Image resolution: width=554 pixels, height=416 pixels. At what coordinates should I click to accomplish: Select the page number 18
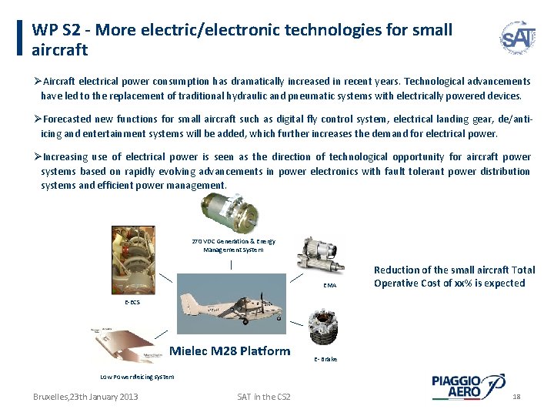tap(516, 396)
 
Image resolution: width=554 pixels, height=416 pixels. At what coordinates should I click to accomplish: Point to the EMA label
tap(329, 285)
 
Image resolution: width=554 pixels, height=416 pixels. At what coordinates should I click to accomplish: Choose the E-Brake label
tap(326, 359)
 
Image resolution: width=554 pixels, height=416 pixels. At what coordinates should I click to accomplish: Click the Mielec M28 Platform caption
tap(229, 351)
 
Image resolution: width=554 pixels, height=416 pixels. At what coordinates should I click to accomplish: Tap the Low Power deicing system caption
tap(138, 377)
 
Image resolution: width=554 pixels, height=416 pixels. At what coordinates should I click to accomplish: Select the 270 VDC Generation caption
tap(233, 246)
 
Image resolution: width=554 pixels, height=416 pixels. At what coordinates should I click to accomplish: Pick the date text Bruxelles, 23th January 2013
tap(85, 396)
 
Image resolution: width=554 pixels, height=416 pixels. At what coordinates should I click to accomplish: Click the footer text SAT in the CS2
tap(264, 396)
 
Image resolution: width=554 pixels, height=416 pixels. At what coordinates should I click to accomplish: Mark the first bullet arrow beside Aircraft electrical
tap(37, 81)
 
